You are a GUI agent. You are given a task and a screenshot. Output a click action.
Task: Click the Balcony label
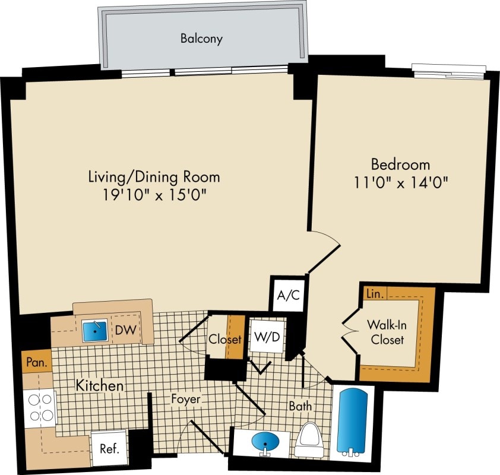pyautogui.click(x=201, y=39)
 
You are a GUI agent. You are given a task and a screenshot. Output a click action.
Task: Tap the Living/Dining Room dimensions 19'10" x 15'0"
pyautogui.click(x=154, y=194)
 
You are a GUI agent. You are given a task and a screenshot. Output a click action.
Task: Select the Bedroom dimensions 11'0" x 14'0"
pyautogui.click(x=400, y=182)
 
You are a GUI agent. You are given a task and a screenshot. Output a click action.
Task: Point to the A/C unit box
pyautogui.click(x=288, y=295)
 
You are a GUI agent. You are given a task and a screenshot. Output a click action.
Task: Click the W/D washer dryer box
pyautogui.click(x=267, y=336)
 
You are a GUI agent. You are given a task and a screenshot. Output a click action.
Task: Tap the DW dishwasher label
pyautogui.click(x=124, y=329)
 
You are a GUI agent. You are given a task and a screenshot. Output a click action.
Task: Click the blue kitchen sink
pyautogui.click(x=94, y=330)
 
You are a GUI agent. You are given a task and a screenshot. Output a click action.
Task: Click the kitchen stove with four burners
pyautogui.click(x=39, y=407)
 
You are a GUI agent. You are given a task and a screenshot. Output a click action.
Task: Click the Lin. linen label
pyautogui.click(x=374, y=293)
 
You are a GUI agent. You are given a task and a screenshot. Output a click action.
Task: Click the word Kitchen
pyautogui.click(x=100, y=385)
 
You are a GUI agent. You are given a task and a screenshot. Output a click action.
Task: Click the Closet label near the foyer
pyautogui.click(x=225, y=340)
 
